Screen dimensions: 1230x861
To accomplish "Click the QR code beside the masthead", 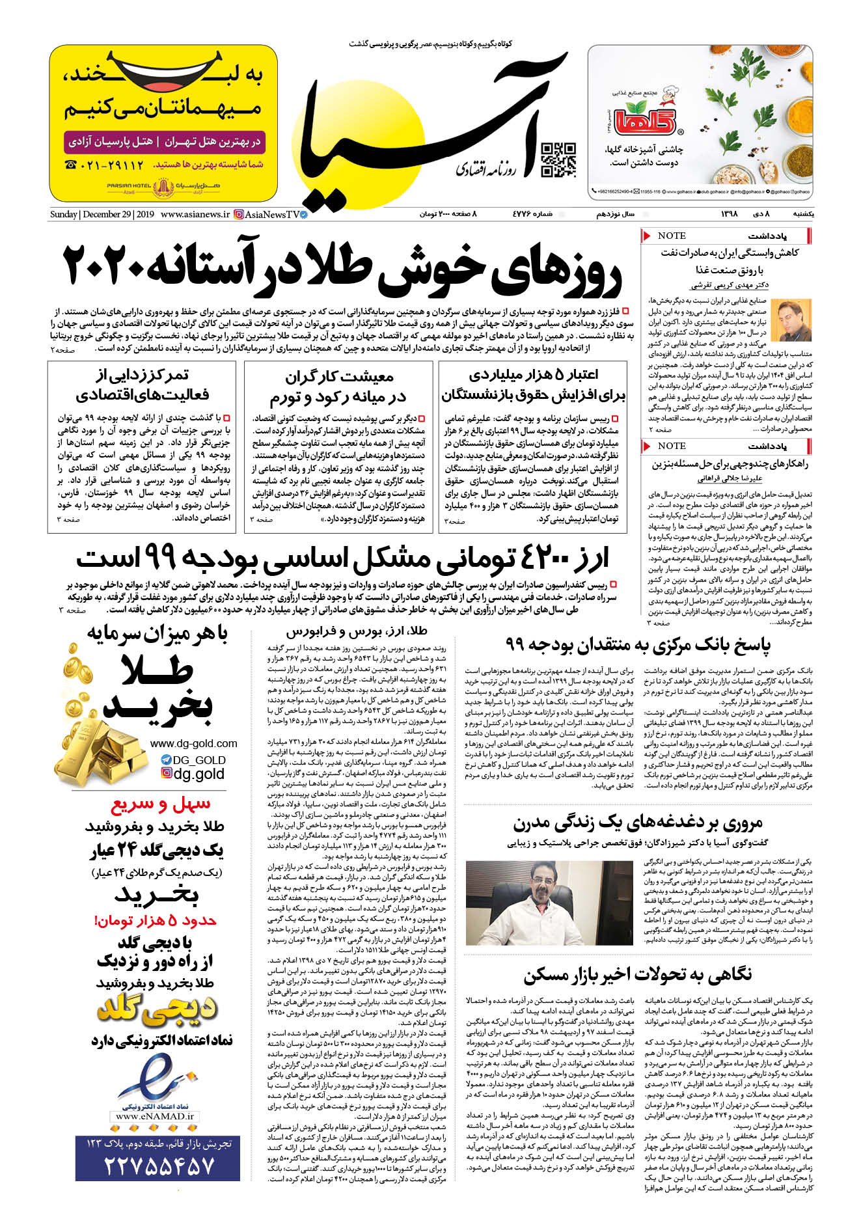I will (x=558, y=160).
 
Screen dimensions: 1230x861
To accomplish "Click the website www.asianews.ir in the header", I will (x=195, y=214).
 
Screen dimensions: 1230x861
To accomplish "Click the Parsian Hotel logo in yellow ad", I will (x=163, y=189).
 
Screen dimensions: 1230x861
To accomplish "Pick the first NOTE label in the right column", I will (x=671, y=236).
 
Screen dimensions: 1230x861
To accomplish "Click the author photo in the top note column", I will (x=795, y=319).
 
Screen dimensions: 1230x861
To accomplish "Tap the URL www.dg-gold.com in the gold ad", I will (x=193, y=743).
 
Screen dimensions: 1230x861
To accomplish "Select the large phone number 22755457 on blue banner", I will (x=158, y=1164).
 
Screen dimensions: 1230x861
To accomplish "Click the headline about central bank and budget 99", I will (x=638, y=645).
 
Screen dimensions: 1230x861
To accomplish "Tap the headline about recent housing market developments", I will (x=638, y=974).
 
